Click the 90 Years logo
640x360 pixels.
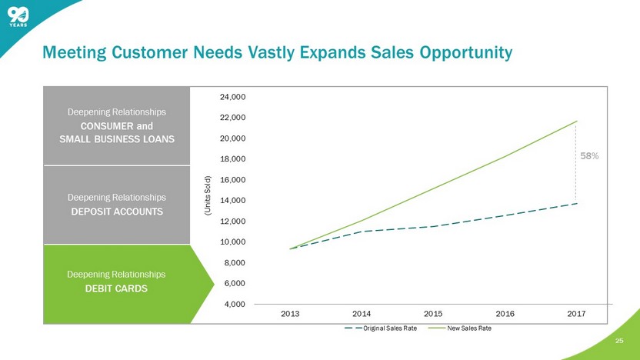(18, 17)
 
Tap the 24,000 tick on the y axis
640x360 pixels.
(232, 97)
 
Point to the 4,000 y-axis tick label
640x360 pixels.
(235, 304)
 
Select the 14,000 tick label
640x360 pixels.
(232, 201)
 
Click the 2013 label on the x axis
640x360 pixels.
(290, 314)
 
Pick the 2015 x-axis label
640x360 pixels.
(433, 314)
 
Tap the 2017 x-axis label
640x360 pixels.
(576, 314)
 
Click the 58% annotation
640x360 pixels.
(589, 156)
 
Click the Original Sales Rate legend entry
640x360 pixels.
(381, 328)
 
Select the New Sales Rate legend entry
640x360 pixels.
(460, 328)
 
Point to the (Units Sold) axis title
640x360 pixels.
(208, 195)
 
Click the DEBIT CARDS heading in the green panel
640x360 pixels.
(116, 288)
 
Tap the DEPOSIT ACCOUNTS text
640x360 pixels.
(117, 212)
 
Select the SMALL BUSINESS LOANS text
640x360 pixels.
(117, 139)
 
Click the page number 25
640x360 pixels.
(619, 341)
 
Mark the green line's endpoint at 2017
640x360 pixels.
(577, 122)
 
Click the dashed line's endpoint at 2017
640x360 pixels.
(577, 203)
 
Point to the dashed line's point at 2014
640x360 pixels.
(362, 232)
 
